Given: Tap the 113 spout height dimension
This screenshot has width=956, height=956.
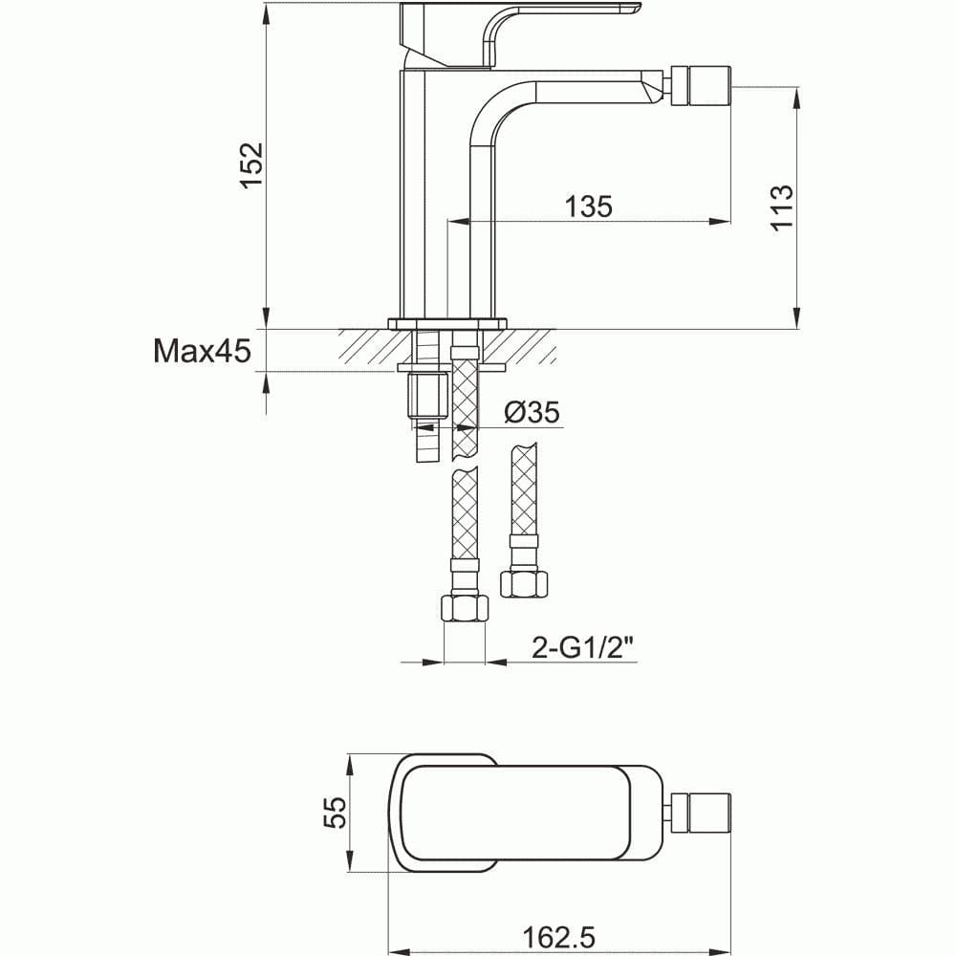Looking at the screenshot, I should pos(781,206).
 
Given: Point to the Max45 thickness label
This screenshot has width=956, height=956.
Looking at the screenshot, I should pos(202,352).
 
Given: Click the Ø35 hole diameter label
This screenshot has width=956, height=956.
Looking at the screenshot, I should pos(531,412).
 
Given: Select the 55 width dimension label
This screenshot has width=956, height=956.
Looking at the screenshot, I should pos(333,813).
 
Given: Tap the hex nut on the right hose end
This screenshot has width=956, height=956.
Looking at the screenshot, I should pos(525,582).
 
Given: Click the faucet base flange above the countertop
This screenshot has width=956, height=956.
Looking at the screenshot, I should pos(446,322).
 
